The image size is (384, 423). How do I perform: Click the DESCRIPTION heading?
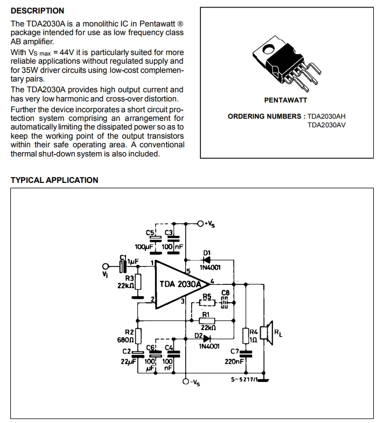37,11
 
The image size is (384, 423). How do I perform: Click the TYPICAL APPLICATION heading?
54,180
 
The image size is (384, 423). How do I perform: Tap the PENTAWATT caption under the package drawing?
285,100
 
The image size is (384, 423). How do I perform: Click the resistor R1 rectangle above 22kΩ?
208,321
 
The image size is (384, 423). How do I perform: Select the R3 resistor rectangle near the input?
138,282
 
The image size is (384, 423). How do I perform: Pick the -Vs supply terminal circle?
186,381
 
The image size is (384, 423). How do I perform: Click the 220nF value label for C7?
235,362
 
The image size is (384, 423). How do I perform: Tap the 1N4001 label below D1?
210,268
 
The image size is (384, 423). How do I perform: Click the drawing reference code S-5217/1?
243,380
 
